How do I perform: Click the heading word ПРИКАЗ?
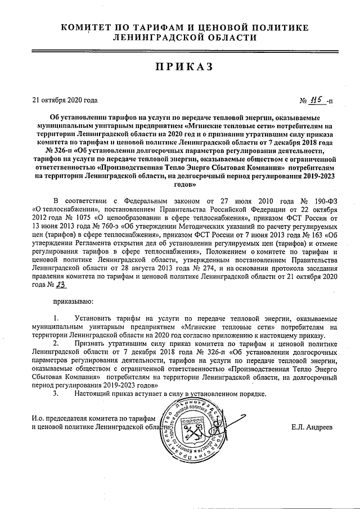179,67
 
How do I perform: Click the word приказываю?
73,304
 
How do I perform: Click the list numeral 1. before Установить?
56,319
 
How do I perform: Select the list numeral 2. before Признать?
56,342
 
